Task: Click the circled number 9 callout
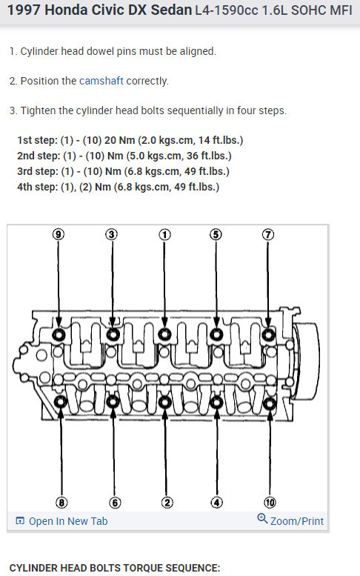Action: point(59,234)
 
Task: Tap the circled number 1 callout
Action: point(164,235)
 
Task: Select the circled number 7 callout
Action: point(268,234)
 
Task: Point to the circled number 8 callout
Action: point(61,502)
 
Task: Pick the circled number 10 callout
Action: point(270,502)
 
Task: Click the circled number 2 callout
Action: point(167,502)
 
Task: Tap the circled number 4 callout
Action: point(216,502)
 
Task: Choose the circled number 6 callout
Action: point(115,502)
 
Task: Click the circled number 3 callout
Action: point(112,234)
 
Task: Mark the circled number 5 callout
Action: point(216,234)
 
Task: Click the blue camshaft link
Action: point(101,81)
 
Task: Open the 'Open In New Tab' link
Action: point(61,521)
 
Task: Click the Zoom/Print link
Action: point(290,520)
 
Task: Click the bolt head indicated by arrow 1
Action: point(164,334)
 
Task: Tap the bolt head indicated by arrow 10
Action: point(270,403)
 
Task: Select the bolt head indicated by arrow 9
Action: point(59,334)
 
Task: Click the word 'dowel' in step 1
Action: point(99,51)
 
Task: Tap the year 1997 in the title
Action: point(24,10)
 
